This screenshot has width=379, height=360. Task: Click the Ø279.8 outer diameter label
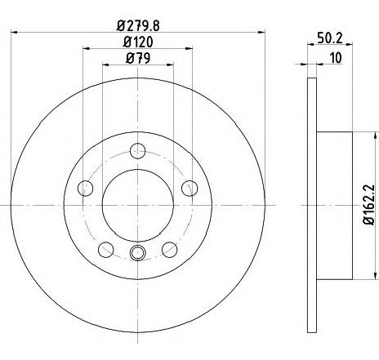(138, 26)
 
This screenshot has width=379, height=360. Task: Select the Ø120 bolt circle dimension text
(138, 42)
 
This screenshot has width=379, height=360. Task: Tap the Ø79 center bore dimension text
(138, 58)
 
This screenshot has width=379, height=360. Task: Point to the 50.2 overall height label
(329, 38)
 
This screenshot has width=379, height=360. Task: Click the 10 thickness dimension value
(336, 58)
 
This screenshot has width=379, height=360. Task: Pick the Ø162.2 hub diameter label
(368, 204)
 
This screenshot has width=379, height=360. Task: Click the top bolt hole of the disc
(138, 151)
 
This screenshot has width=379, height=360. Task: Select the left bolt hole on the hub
(86, 188)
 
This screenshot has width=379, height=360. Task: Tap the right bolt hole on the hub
(189, 188)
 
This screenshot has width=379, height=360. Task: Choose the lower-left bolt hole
(105, 250)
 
